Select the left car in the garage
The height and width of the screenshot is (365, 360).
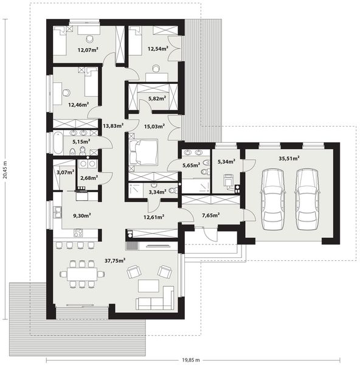271,190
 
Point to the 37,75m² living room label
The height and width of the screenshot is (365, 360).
115,260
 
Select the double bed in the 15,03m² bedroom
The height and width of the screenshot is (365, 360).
145,152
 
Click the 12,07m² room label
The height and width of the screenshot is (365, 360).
88,50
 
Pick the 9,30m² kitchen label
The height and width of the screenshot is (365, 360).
82,215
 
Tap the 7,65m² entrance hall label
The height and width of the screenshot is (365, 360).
210,215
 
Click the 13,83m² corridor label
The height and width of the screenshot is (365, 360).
113,126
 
